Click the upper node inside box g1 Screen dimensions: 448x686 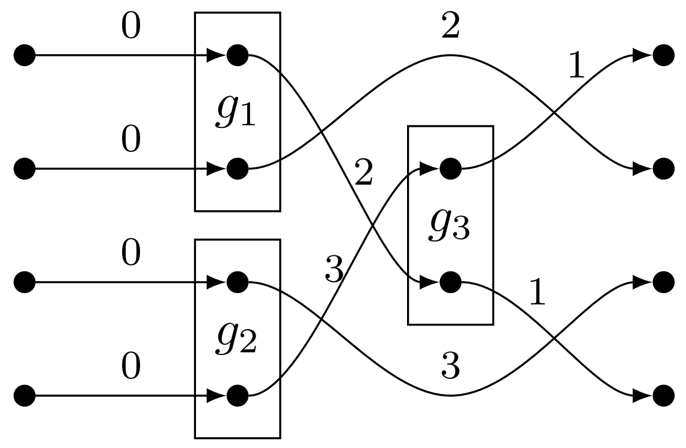click(x=237, y=56)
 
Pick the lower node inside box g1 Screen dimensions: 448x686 click(x=237, y=169)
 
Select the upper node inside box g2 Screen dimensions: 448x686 click(x=237, y=281)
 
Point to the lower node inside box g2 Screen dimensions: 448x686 click(x=237, y=396)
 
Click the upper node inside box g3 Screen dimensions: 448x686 click(x=450, y=169)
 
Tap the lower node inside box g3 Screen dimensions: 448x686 click(x=450, y=281)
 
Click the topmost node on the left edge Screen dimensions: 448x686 click(x=25, y=56)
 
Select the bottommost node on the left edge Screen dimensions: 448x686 click(x=25, y=396)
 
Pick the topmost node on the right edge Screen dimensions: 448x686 click(x=663, y=56)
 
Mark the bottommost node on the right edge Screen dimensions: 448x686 click(x=663, y=396)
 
